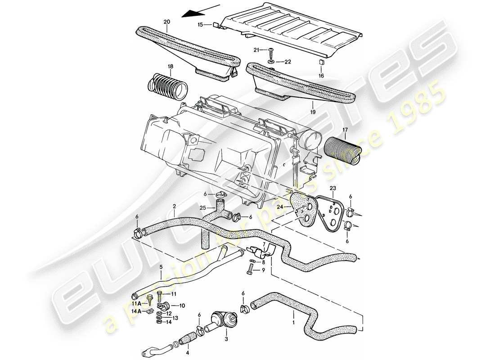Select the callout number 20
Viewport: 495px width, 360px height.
pyautogui.click(x=166, y=22)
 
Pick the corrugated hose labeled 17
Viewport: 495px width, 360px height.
pyautogui.click(x=342, y=148)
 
